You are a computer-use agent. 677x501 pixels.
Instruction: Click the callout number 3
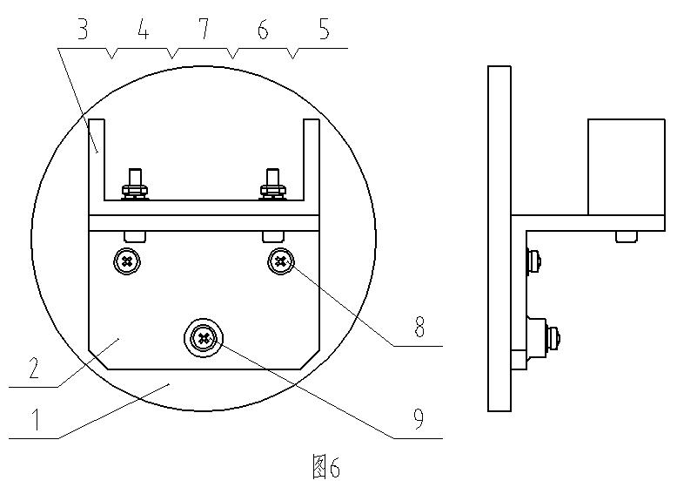coord(83,31)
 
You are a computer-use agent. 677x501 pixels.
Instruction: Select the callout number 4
coord(143,31)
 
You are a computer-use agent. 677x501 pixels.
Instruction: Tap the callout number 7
coord(203,31)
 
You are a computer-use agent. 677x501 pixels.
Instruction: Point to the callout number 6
coord(263,31)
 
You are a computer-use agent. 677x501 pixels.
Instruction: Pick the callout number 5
coord(324,31)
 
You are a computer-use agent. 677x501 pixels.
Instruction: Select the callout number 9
coord(419,420)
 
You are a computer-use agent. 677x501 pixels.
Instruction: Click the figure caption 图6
coord(325,469)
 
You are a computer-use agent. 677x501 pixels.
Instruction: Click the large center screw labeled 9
coord(204,337)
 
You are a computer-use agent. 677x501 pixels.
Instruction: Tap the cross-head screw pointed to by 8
coord(280,260)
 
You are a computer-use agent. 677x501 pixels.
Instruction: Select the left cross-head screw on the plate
coord(128,260)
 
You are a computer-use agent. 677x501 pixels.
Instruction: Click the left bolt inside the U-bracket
coord(134,182)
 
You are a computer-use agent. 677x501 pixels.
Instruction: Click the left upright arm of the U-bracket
coord(97,161)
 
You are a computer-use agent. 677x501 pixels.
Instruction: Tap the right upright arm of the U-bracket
coord(311,161)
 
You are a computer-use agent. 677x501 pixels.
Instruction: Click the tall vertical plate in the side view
coord(499,238)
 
